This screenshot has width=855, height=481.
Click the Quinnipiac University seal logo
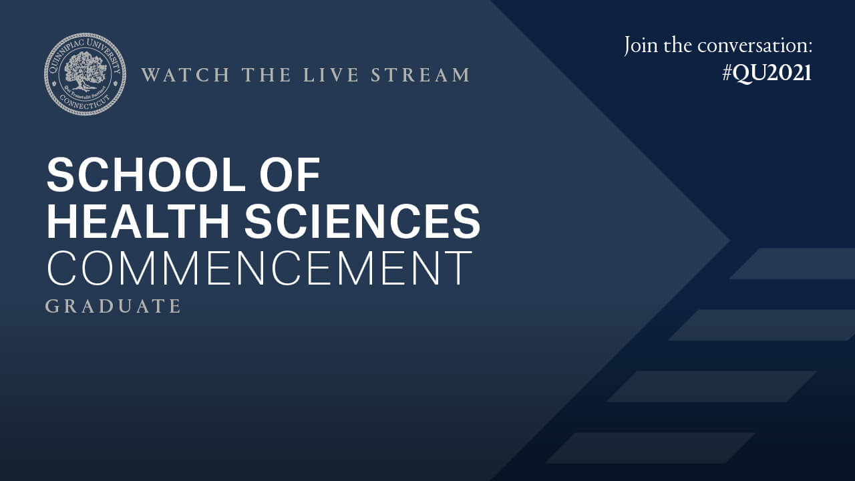pos(85,74)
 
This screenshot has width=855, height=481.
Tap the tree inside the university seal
pos(85,69)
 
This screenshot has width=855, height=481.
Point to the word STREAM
pos(421,75)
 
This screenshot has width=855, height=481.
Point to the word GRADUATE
pos(114,306)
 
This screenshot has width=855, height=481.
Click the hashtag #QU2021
pos(767,73)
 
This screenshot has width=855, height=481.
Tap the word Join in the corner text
pos(642,46)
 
